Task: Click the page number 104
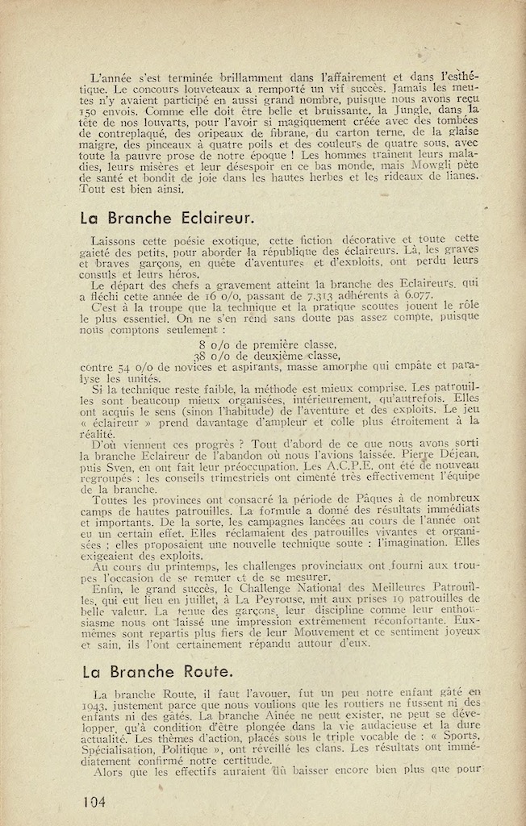point(94,801)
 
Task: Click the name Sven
point(123,465)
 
